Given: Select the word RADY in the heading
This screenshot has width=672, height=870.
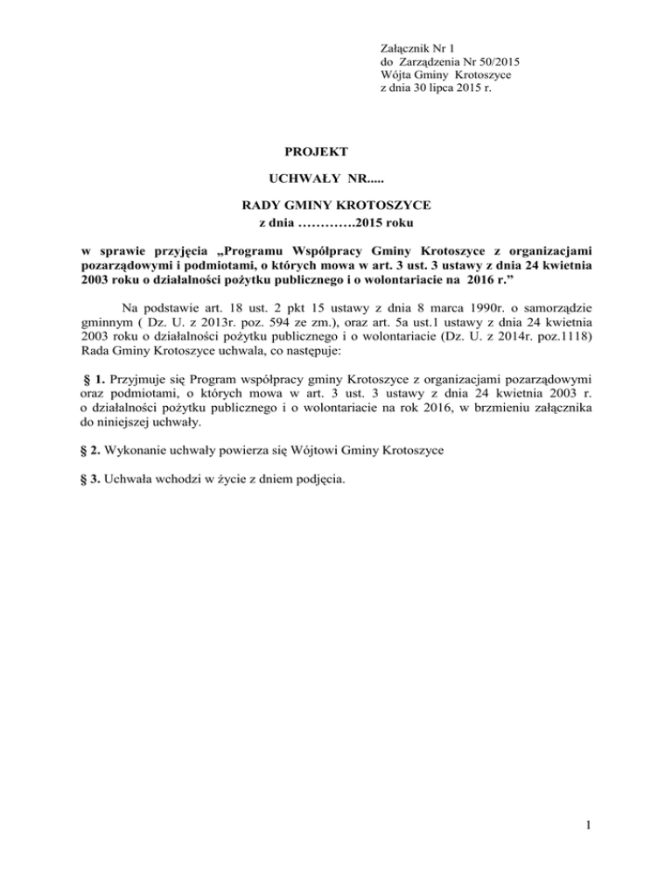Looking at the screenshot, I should pos(258,206).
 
